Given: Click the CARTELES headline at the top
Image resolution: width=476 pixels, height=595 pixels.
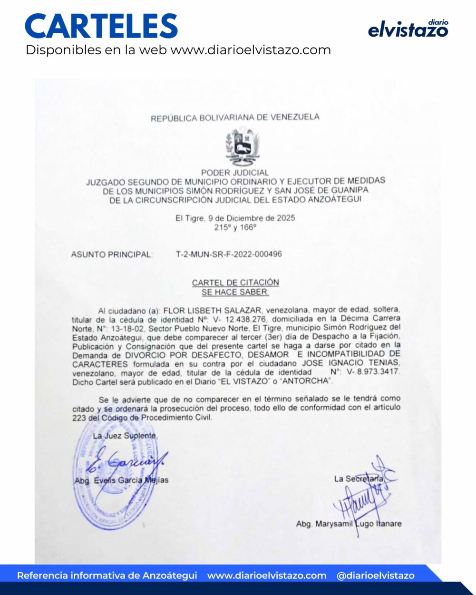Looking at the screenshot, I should coord(101,26).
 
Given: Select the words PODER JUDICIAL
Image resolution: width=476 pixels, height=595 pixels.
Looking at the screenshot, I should coord(235,173).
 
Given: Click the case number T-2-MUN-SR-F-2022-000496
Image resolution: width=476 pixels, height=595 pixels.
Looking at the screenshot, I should coord(229,254).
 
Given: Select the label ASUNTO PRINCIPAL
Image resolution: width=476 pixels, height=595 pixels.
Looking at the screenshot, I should coord(112,254).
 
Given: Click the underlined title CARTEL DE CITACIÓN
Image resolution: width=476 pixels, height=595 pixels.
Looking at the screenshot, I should coord(235,283).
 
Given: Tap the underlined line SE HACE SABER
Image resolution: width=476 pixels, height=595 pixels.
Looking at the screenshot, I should coord(235,292).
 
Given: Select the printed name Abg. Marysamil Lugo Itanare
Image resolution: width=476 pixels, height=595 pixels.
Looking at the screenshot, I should coord(349,524).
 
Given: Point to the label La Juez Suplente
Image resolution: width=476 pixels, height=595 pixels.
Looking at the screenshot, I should coord(125,436).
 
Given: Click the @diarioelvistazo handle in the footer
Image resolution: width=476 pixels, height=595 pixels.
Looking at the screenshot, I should coord(375,575).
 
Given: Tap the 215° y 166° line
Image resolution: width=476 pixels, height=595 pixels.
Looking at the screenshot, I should coord(235,227).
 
